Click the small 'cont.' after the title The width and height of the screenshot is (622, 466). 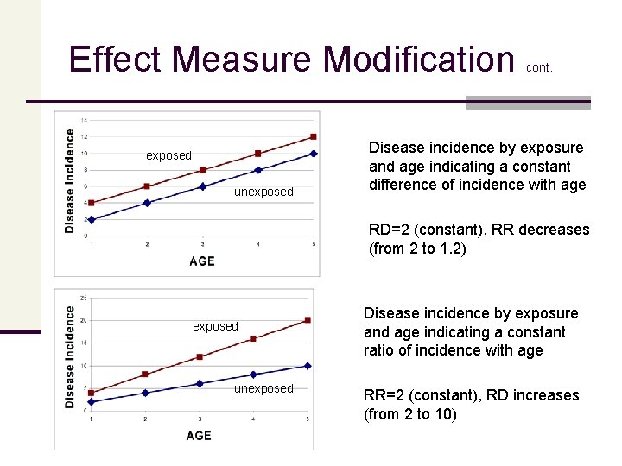538,66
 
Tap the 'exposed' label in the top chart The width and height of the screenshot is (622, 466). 168,155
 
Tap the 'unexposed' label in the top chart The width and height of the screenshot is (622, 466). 263,192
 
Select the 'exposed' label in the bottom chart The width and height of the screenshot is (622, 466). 215,326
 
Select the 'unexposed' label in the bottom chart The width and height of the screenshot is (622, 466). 263,388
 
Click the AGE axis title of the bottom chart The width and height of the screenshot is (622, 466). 199,435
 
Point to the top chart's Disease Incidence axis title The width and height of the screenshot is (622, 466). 69,180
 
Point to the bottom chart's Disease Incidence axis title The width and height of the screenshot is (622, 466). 69,357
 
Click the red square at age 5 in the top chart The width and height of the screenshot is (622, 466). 313,136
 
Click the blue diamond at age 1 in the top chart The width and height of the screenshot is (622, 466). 92,219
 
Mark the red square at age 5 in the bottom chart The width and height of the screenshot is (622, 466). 308,320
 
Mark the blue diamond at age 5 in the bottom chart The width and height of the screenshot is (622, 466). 308,366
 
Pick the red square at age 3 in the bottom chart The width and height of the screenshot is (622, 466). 200,356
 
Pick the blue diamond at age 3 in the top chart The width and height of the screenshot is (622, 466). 202,186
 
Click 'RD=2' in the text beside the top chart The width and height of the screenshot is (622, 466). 388,230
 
